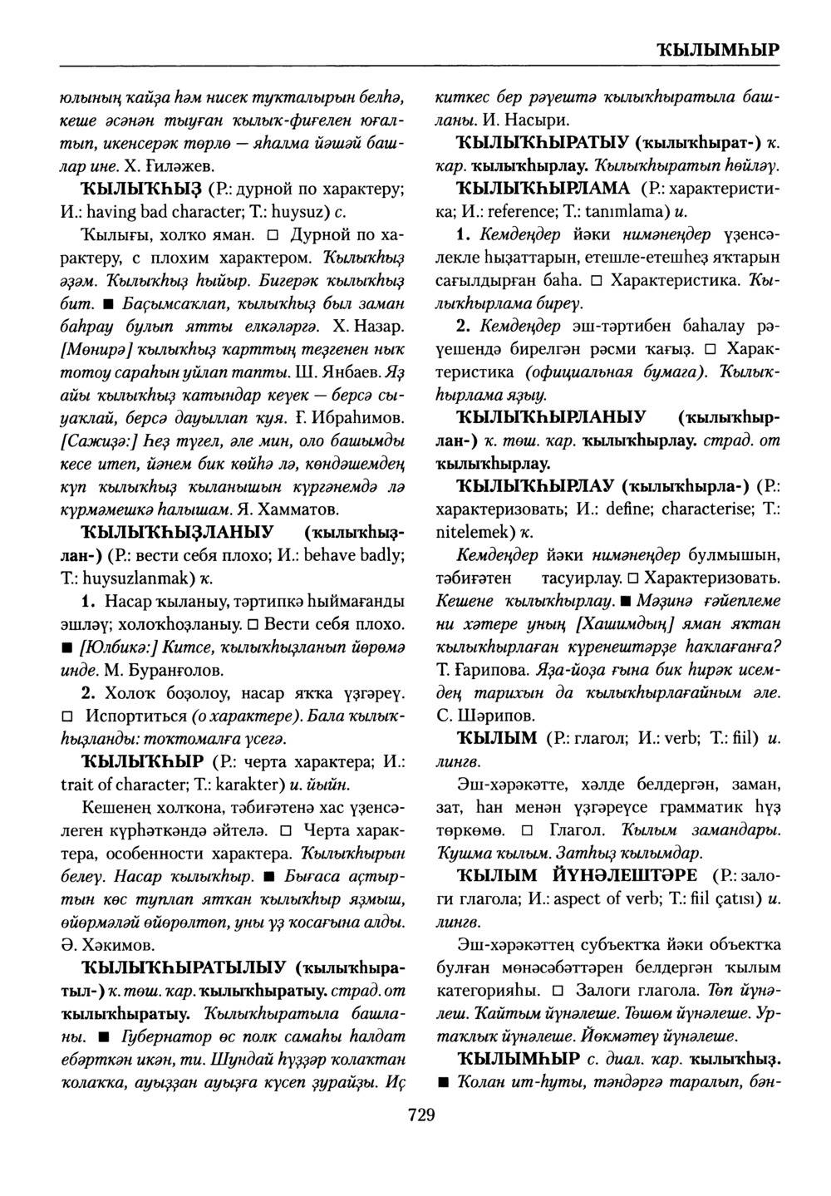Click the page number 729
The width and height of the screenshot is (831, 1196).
point(421,1115)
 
